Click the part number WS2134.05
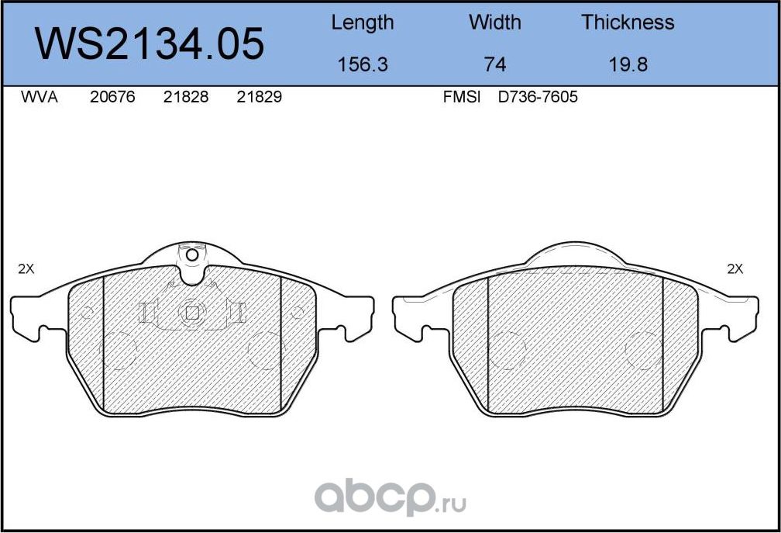click(151, 43)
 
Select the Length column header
click(362, 22)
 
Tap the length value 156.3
click(362, 64)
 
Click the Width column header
click(494, 22)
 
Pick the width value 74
click(494, 64)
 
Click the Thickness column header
click(628, 22)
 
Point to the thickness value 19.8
click(628, 64)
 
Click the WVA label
click(39, 98)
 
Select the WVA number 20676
click(112, 98)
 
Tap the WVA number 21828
click(186, 98)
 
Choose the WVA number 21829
click(259, 98)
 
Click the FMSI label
click(462, 98)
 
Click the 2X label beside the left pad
click(26, 269)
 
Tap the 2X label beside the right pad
click(735, 269)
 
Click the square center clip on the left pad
click(191, 312)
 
